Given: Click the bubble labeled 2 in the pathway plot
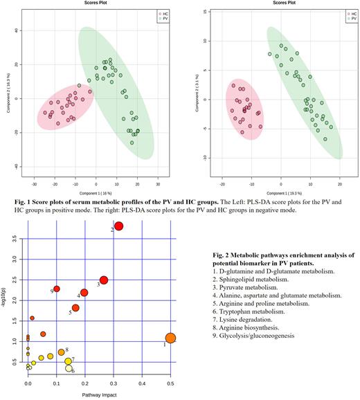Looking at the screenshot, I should (119, 226).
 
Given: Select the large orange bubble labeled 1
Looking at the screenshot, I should (170, 338).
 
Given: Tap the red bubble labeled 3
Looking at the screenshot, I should (104, 280).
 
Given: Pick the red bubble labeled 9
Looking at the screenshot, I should (57, 289).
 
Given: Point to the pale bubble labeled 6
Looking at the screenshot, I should (69, 369).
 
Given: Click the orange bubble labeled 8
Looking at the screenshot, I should (61, 352).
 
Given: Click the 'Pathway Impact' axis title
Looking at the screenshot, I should (100, 393).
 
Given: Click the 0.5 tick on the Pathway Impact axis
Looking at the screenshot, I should (171, 383).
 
